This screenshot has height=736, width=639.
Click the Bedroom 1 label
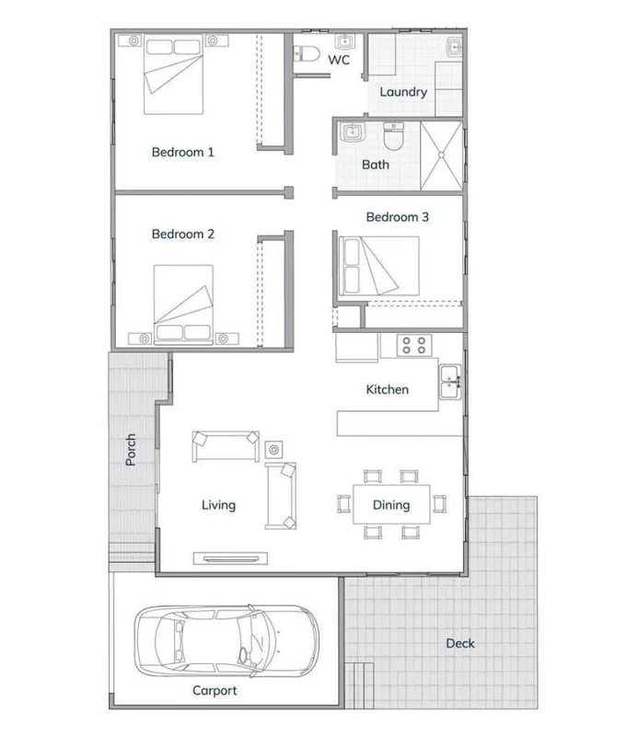click(x=183, y=152)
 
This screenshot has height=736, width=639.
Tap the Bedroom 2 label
click(x=183, y=235)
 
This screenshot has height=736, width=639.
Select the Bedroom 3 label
click(x=398, y=217)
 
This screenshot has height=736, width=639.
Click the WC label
click(x=339, y=61)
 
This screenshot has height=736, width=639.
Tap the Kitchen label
click(x=388, y=389)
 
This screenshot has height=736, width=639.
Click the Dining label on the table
click(x=390, y=504)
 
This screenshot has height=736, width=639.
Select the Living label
click(x=219, y=504)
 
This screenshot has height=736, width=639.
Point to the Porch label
click(x=131, y=450)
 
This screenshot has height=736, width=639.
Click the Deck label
click(x=459, y=643)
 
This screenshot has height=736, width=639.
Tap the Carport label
click(x=215, y=691)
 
